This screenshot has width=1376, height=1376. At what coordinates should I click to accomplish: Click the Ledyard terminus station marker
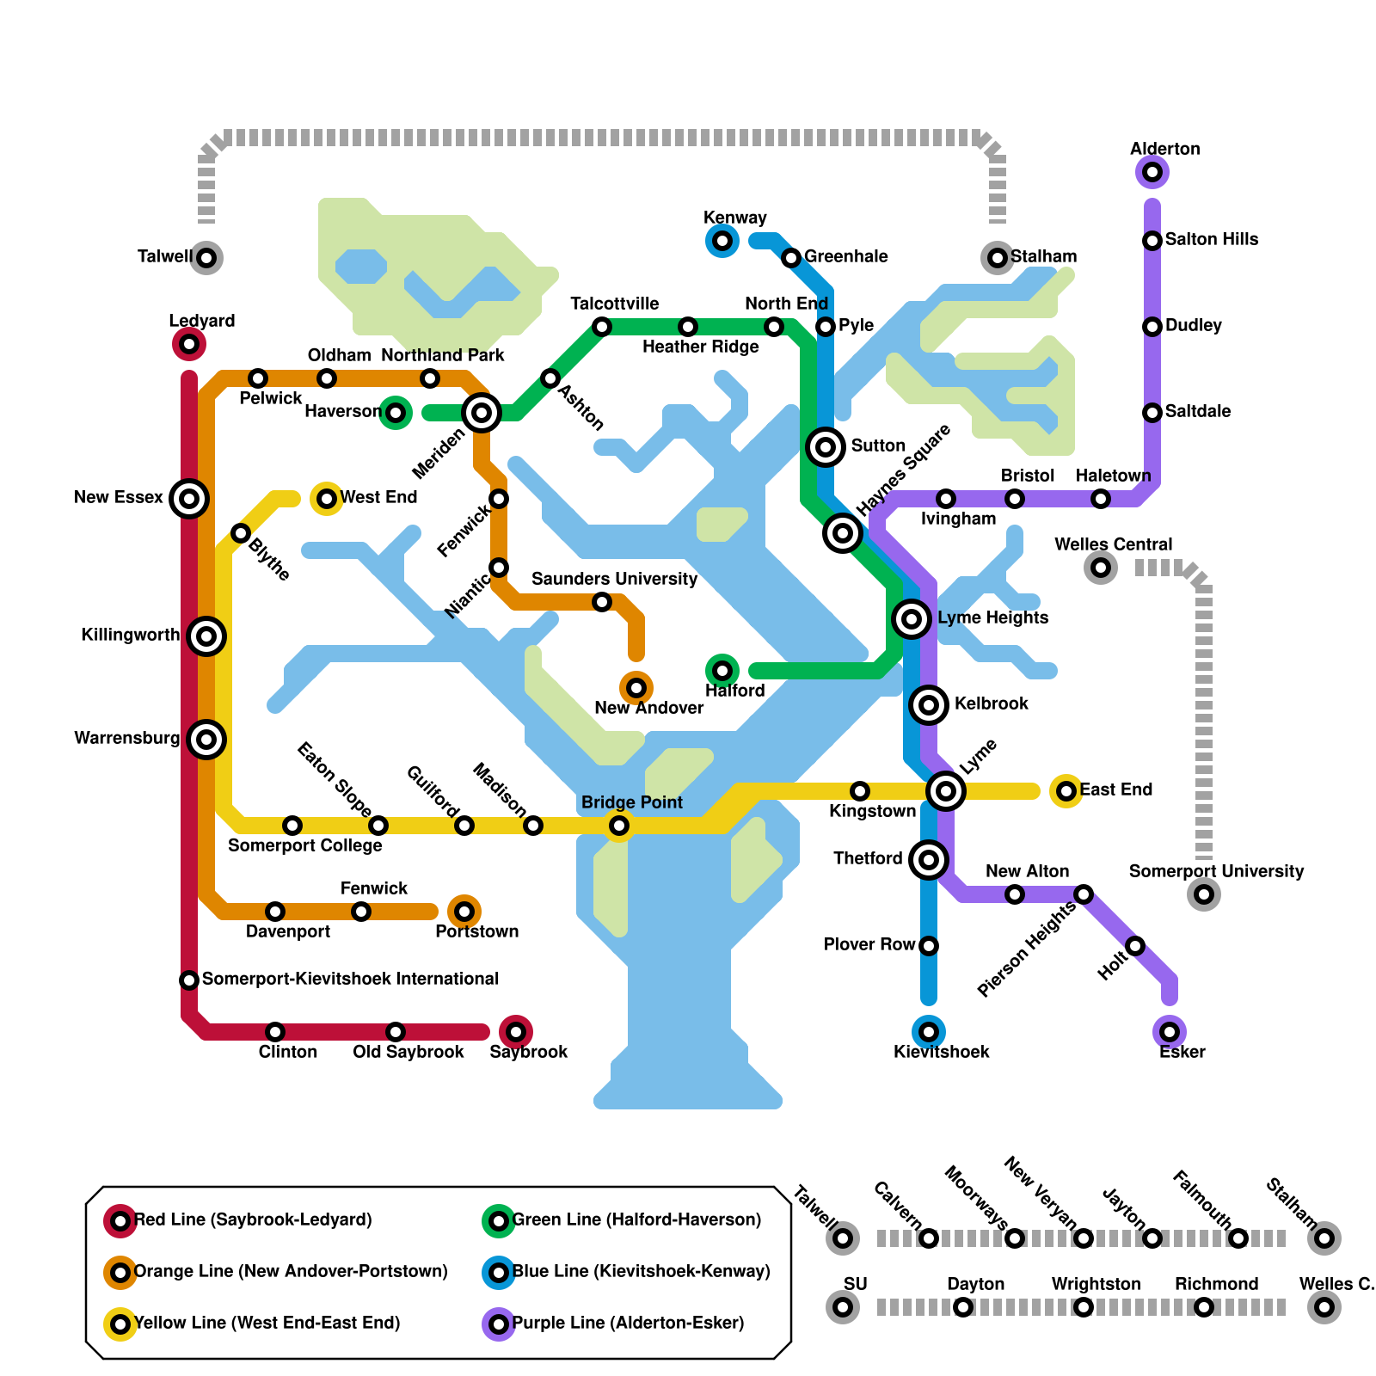pyautogui.click(x=189, y=345)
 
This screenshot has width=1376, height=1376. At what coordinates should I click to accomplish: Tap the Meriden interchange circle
pyautogui.click(x=482, y=414)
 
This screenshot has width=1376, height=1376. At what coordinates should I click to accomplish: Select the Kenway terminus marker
pyautogui.click(x=722, y=241)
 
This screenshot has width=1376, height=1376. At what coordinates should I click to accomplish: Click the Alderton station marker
pyautogui.click(x=1152, y=173)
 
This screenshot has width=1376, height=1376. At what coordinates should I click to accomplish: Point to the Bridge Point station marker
pyautogui.click(x=619, y=826)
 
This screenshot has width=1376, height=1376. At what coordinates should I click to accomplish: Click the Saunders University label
pyautogui.click(x=614, y=579)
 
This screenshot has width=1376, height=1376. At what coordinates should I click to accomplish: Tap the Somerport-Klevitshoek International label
pyautogui.click(x=350, y=979)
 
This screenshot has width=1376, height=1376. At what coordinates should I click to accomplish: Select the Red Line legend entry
pyautogui.click(x=253, y=1220)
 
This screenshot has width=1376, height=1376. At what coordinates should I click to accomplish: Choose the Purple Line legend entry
pyautogui.click(x=628, y=1323)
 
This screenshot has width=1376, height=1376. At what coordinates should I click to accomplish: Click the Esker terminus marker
pyautogui.click(x=1170, y=1032)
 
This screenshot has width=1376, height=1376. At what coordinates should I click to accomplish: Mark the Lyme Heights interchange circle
pyautogui.click(x=912, y=619)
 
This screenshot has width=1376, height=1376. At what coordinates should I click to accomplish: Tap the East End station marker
pyautogui.click(x=1066, y=791)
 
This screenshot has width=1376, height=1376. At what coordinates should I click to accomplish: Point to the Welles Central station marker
pyautogui.click(x=1101, y=568)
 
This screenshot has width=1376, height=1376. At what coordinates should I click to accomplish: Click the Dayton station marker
pyautogui.click(x=963, y=1307)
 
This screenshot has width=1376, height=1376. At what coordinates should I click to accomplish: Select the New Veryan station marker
pyautogui.click(x=1084, y=1238)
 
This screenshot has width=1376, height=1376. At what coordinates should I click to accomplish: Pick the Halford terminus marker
pyautogui.click(x=722, y=671)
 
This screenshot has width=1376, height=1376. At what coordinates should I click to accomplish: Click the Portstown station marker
pyautogui.click(x=464, y=912)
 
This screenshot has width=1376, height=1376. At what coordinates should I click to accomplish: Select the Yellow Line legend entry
pyautogui.click(x=267, y=1323)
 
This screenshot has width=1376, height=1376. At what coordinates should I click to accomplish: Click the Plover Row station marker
pyautogui.click(x=929, y=946)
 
